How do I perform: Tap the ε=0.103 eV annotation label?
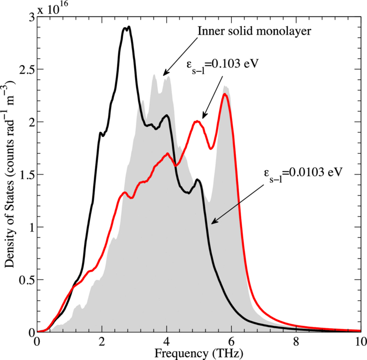223,64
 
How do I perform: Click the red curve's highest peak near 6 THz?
224,94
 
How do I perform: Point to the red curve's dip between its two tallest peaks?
211,148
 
